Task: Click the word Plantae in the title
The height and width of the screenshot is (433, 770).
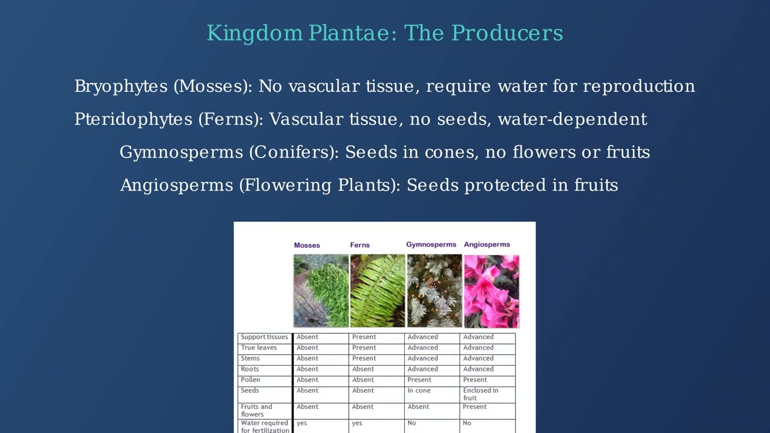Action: point(348,33)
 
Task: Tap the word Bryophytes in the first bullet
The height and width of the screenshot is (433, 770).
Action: point(121,86)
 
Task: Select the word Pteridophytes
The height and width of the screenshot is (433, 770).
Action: point(134,119)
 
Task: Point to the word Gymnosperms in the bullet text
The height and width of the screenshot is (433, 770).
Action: point(182,152)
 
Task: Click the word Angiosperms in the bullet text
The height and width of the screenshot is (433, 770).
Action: point(177,185)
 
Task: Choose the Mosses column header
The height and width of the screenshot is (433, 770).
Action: point(307,245)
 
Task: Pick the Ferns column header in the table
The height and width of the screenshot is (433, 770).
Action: point(360,245)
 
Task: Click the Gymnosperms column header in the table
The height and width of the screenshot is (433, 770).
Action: point(431,245)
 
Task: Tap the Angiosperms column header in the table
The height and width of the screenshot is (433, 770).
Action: point(487,245)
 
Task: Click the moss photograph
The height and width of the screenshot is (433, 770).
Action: point(321,290)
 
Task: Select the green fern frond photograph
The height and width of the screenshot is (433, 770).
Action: point(377,290)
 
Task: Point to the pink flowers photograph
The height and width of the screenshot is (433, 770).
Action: point(491,292)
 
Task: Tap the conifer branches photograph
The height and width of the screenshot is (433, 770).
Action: point(434,290)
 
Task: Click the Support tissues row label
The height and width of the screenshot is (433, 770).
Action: point(264,337)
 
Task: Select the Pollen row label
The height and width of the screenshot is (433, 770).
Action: point(250,379)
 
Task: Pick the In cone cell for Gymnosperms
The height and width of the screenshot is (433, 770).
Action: point(419,390)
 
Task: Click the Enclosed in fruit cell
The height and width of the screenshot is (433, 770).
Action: point(480,394)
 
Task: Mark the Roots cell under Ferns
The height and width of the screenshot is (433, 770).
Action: point(363,369)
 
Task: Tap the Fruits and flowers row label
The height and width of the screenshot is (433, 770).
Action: point(256,410)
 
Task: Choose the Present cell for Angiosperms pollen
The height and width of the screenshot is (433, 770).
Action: point(475,379)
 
